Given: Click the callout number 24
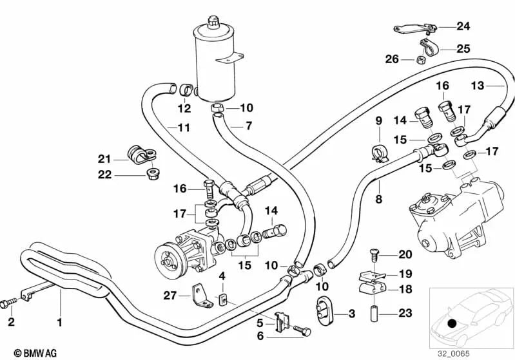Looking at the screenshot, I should (x=463, y=26).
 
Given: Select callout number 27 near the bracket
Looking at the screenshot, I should (x=170, y=296).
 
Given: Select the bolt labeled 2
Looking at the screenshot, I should (x=9, y=301).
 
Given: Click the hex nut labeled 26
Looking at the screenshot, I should (x=420, y=61).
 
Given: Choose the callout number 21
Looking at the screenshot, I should (x=104, y=159).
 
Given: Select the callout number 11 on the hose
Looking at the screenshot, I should (x=184, y=128).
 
